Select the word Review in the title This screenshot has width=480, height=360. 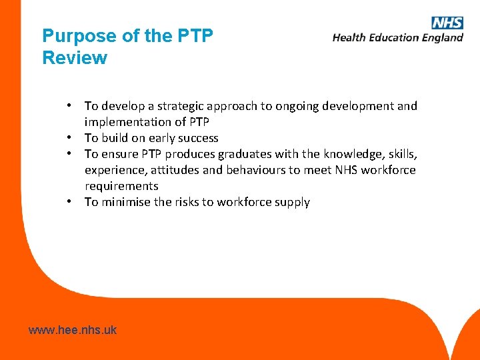[75, 58]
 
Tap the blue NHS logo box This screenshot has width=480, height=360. [447, 23]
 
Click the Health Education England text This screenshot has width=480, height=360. [398, 38]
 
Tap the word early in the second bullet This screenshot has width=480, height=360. [157, 138]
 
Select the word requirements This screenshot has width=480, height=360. [121, 186]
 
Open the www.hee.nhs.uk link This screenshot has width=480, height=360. [73, 329]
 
